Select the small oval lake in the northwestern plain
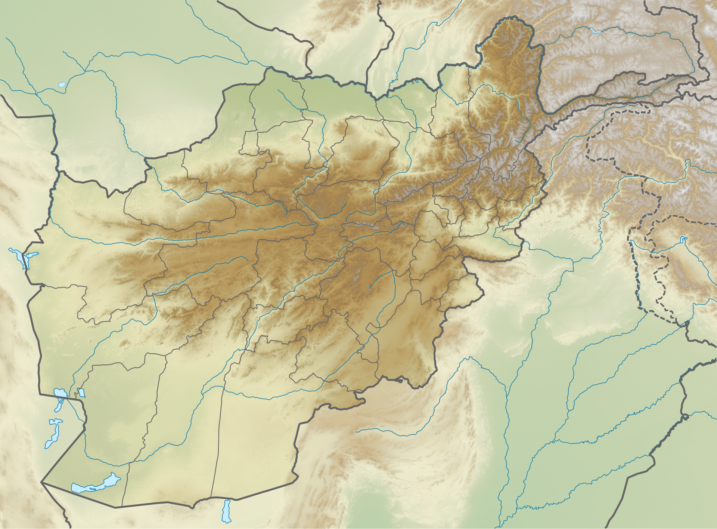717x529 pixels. (x=62, y=85)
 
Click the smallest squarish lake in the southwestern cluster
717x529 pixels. (x=81, y=393)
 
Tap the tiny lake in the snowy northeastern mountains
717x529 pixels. (x=595, y=31)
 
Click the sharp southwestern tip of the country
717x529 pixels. (x=41, y=483)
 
